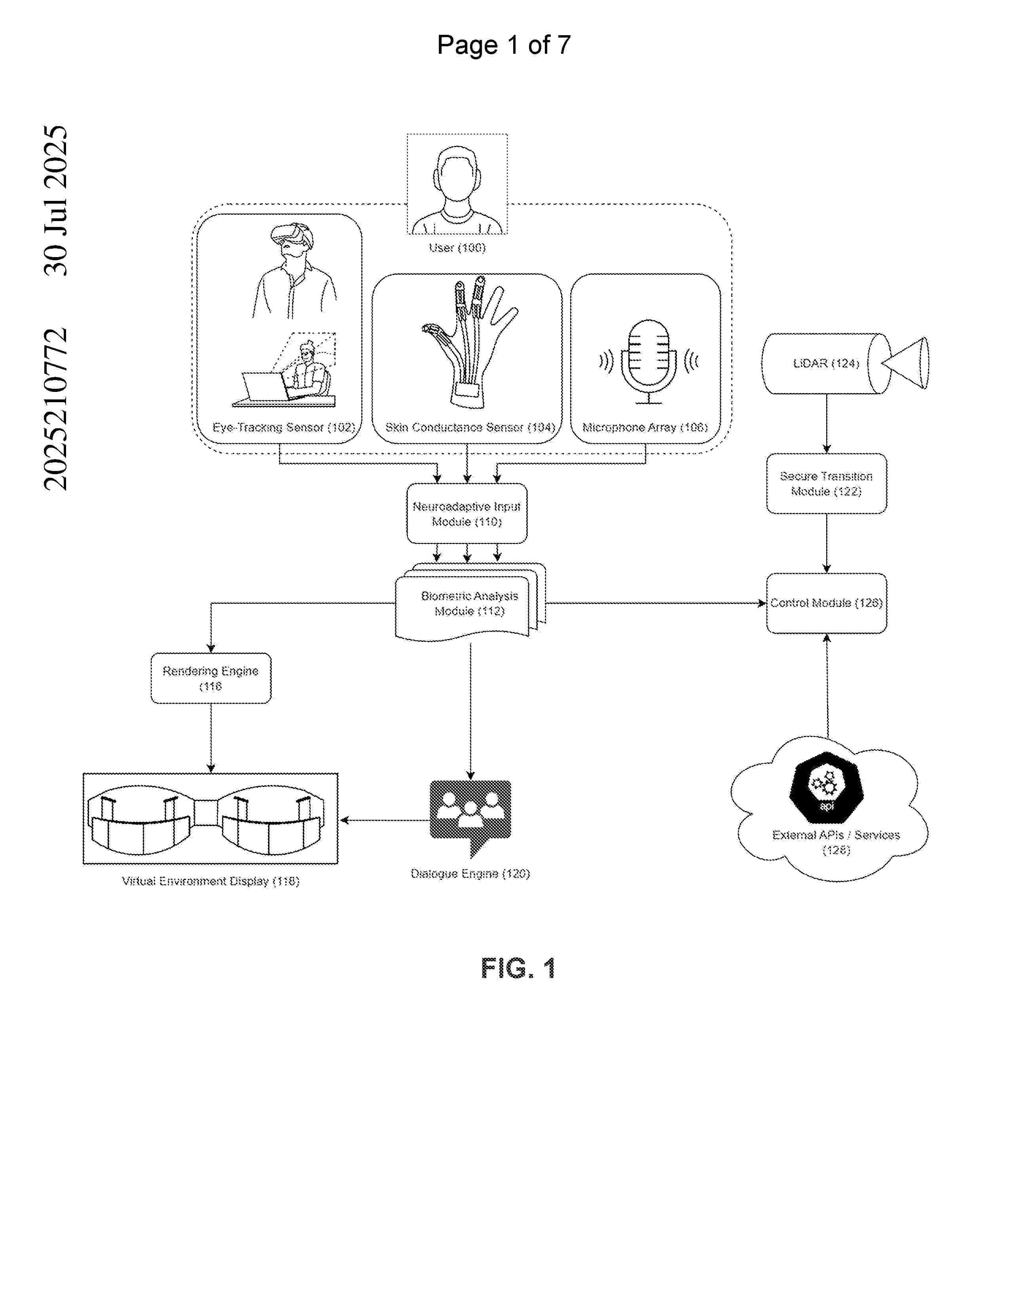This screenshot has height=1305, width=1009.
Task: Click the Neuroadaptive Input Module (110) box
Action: click(467, 513)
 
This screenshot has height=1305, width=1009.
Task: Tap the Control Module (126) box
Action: click(827, 603)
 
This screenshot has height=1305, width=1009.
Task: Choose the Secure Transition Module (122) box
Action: click(827, 483)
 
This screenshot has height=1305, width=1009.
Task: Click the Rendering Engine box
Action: click(211, 678)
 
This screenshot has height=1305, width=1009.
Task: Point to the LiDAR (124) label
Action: click(826, 363)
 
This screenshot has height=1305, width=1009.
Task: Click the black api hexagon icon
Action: click(827, 787)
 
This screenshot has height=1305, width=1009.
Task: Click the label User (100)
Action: click(457, 248)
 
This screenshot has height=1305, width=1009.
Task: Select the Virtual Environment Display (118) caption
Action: click(211, 881)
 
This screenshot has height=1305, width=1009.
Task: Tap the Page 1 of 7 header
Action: click(504, 45)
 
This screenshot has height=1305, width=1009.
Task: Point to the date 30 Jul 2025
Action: click(55, 200)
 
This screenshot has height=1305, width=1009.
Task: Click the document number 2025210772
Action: click(55, 409)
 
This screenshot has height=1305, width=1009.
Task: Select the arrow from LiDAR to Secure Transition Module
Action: click(827, 424)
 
